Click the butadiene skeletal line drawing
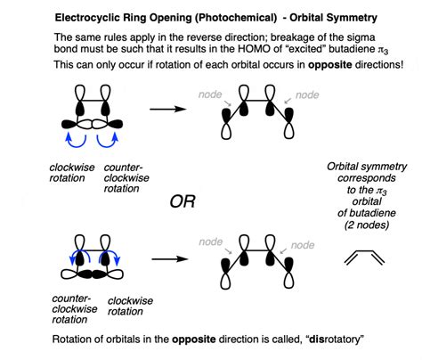coord(369,258)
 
